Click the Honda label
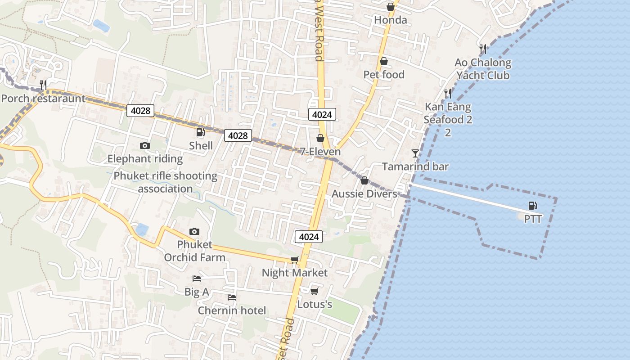[x=391, y=20]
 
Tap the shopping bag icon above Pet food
[x=384, y=61]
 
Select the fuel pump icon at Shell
[x=200, y=132]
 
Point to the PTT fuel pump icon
[x=532, y=206]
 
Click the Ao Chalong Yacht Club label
[x=483, y=69]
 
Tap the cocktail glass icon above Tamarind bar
[x=415, y=153]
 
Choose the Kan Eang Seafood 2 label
[x=447, y=113]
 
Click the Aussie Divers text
[x=364, y=194]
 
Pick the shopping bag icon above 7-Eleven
[x=320, y=138]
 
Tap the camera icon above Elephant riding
[x=144, y=145]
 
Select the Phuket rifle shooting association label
[x=165, y=182]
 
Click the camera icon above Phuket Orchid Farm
[x=194, y=232]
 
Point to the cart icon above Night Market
[x=295, y=260]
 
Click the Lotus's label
[x=315, y=305]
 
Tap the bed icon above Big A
[x=197, y=279]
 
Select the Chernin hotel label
[x=232, y=310]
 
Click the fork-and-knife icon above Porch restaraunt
[x=43, y=84]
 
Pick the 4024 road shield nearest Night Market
[x=309, y=236]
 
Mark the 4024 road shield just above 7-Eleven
[x=322, y=114]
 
